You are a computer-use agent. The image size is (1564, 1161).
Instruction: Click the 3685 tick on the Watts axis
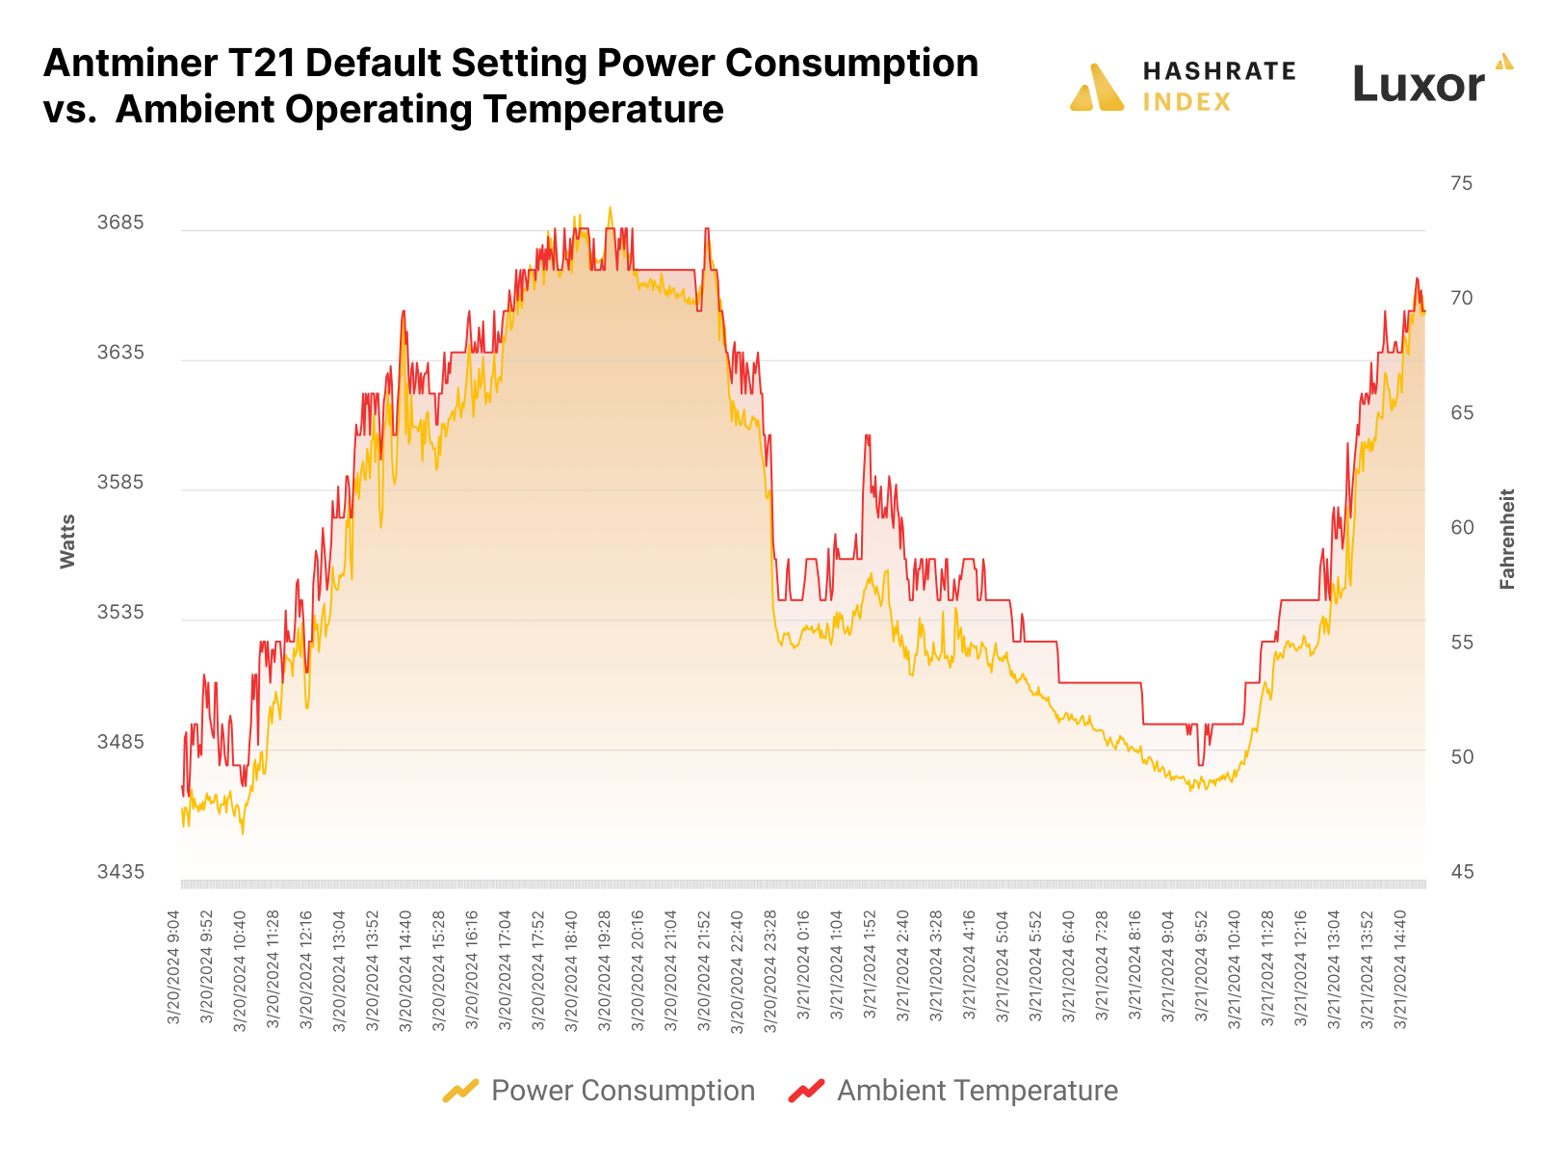(x=120, y=223)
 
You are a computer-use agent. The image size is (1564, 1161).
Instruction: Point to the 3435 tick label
(x=120, y=872)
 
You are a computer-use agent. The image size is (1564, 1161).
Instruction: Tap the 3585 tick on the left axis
(x=120, y=483)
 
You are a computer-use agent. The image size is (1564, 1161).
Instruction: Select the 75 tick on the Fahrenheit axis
(x=1461, y=183)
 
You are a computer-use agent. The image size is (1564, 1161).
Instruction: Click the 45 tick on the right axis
(x=1461, y=872)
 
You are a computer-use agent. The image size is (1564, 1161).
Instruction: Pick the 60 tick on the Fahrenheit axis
(x=1461, y=527)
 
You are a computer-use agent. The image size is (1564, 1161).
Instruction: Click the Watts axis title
(x=67, y=541)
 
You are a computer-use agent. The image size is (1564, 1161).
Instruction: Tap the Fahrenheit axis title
(x=1507, y=540)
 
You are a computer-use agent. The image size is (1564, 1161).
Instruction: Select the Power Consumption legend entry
(x=599, y=1091)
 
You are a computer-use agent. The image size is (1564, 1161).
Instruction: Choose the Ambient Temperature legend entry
(x=953, y=1091)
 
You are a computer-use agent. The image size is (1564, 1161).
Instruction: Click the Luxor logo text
(x=1418, y=84)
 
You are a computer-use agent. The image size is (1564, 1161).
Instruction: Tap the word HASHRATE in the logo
(x=1218, y=71)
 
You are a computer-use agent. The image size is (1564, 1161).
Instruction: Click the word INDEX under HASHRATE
(x=1186, y=102)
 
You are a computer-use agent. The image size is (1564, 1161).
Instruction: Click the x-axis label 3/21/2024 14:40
(x=1401, y=969)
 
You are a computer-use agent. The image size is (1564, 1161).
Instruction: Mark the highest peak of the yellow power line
(x=610, y=207)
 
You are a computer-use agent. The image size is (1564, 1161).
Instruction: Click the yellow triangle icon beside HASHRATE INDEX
(x=1097, y=88)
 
